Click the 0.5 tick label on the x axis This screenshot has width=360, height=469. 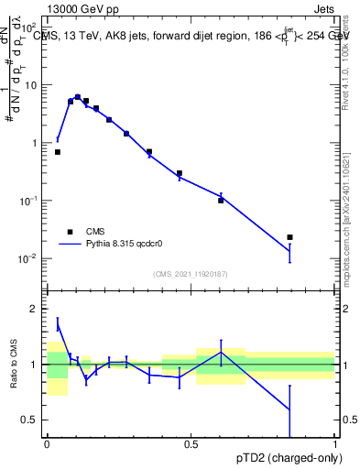tap(190, 443)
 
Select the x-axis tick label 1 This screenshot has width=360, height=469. tap(334, 443)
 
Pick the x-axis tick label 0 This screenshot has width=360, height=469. tap(46, 443)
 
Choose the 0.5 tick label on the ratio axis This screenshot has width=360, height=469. tap(32, 420)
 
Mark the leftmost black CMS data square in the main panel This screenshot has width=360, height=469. tap(58, 152)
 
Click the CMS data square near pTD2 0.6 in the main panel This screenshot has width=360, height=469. tap(221, 200)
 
